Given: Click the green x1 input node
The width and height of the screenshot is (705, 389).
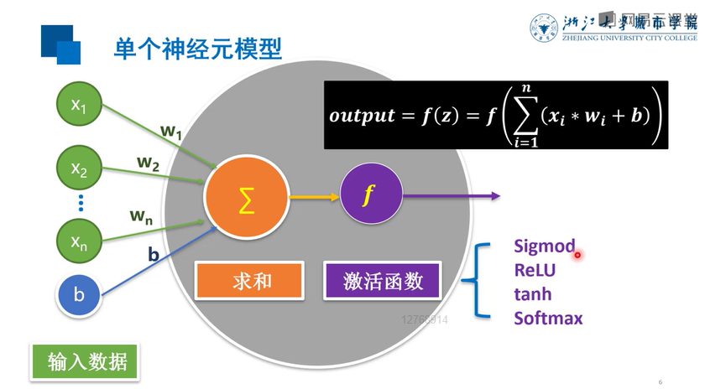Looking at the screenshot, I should point(79,105).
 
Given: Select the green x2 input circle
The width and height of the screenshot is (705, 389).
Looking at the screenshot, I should point(79,170).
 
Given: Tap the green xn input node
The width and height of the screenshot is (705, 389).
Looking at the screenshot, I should point(79,242).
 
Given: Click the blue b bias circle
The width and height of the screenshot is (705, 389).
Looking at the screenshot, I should point(79,294).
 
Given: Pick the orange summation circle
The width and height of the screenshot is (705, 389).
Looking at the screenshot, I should point(246,199).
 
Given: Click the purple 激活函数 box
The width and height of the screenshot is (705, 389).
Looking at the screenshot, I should point(383,281).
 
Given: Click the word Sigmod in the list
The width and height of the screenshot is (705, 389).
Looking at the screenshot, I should point(544,246).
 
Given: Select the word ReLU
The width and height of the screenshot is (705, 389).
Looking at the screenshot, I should point(535,270).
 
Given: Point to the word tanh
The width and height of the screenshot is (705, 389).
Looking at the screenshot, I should point(533,293).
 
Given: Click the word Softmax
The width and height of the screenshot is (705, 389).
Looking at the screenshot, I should point(548,318).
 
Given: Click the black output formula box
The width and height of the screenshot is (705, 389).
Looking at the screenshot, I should point(495,115).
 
